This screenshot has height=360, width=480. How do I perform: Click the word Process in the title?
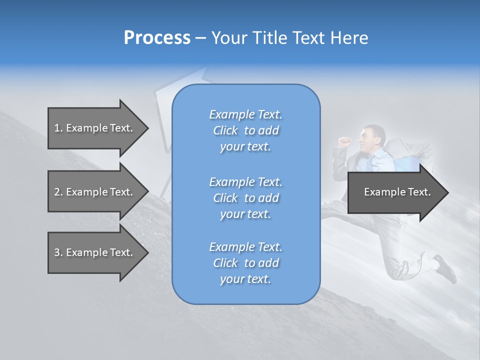(157, 38)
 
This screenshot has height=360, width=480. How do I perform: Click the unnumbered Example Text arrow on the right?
(397, 192)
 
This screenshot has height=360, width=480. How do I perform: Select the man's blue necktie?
(369, 162)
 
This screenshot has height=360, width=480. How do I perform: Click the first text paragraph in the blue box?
(245, 130)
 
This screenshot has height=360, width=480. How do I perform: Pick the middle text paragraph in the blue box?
(245, 198)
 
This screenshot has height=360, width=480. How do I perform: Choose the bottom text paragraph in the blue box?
(245, 263)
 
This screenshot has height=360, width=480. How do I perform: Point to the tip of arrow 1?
(147, 128)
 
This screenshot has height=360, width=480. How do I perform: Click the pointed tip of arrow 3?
(147, 252)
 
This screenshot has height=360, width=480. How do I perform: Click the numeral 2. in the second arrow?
(58, 192)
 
